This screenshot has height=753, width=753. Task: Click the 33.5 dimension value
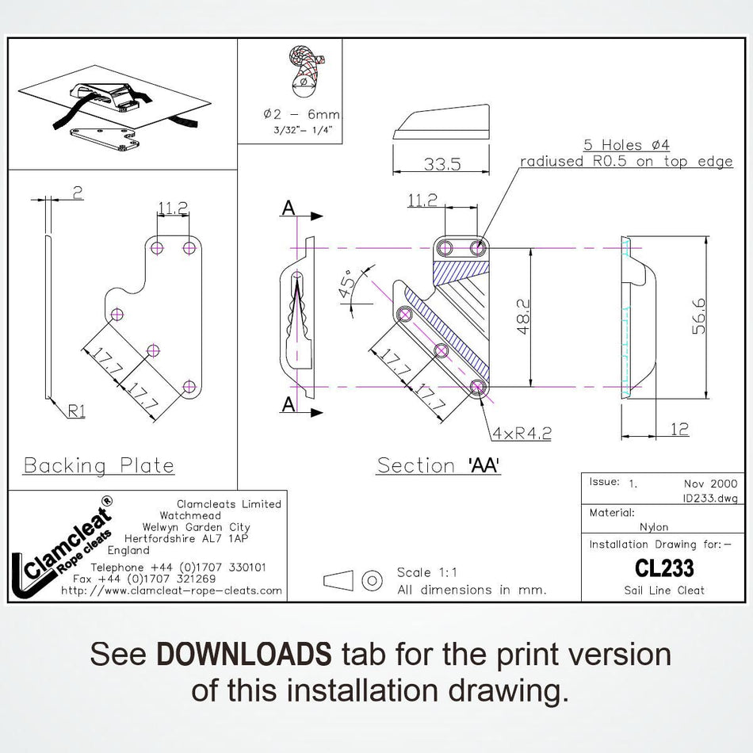442,164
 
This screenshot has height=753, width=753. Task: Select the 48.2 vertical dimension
523,317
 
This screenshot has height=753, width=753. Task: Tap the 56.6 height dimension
698,316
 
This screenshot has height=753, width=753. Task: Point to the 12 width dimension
679,430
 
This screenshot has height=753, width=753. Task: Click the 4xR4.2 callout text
521,433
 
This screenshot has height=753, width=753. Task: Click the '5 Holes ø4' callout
626,145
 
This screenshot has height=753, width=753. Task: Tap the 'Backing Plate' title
99,465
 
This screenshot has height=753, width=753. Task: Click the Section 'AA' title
438,465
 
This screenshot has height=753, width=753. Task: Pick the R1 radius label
76,411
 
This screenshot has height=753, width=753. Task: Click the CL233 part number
664,568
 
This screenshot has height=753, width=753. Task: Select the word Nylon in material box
654,526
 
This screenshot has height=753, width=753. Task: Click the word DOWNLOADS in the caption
244,655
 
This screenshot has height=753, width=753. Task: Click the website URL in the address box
171,591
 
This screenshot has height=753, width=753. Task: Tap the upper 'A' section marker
289,208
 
